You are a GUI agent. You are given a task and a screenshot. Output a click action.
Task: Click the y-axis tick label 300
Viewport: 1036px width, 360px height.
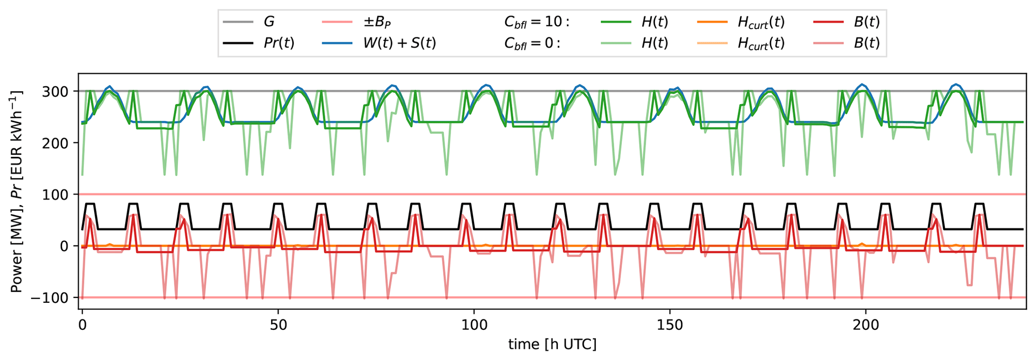tap(59, 91)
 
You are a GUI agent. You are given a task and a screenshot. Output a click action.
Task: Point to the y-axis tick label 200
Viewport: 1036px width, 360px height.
tap(59, 143)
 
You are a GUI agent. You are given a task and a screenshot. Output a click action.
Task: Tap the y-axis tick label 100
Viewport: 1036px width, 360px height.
tap(59, 195)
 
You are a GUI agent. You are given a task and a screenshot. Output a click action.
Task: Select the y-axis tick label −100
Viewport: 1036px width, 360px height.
tap(54, 298)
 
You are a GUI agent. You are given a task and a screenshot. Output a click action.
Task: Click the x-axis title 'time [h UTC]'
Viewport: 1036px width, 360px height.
tap(552, 344)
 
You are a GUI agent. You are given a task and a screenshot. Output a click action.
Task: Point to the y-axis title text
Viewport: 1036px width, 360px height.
tap(17, 192)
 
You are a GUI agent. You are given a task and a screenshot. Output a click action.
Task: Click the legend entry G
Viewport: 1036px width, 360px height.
tap(269, 22)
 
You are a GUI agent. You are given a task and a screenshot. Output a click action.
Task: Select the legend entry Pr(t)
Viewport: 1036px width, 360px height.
tap(279, 43)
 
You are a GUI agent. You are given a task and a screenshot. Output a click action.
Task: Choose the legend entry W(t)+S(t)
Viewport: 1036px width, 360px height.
tap(399, 43)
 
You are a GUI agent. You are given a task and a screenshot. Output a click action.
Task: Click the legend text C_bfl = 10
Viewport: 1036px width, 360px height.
tap(537, 22)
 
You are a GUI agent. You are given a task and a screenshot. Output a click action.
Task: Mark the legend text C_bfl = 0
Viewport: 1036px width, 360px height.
tap(532, 43)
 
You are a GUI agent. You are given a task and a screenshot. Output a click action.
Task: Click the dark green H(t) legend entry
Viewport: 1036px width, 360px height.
tap(655, 22)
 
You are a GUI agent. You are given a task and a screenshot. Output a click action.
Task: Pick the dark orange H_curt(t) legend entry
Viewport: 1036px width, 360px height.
tap(761, 22)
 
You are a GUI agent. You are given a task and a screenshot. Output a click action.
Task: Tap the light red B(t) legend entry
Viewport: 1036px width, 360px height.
tap(867, 43)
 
